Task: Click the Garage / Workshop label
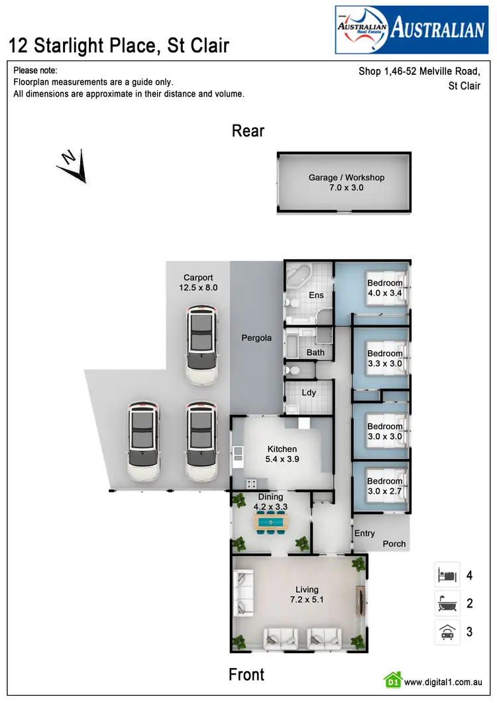point(346,182)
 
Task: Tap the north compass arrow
point(72,165)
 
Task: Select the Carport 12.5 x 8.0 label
point(198,283)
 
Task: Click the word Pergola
point(256,338)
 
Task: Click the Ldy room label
point(309,392)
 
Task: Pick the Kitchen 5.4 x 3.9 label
point(282,454)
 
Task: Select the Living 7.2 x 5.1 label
point(307,594)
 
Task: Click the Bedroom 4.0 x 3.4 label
point(385,288)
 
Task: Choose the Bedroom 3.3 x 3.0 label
point(385,358)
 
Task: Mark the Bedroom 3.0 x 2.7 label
point(385,486)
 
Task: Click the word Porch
point(394,544)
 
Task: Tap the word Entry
point(364,533)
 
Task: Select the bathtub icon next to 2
point(447,604)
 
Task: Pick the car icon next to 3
point(447,632)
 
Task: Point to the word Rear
point(248,131)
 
